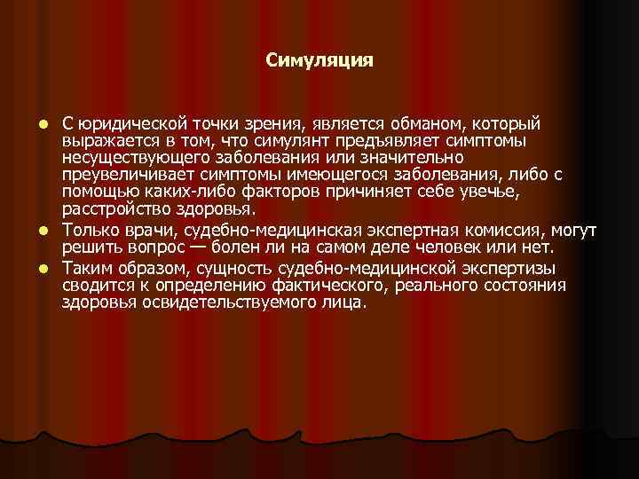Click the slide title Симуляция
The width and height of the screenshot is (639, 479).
click(x=319, y=61)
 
